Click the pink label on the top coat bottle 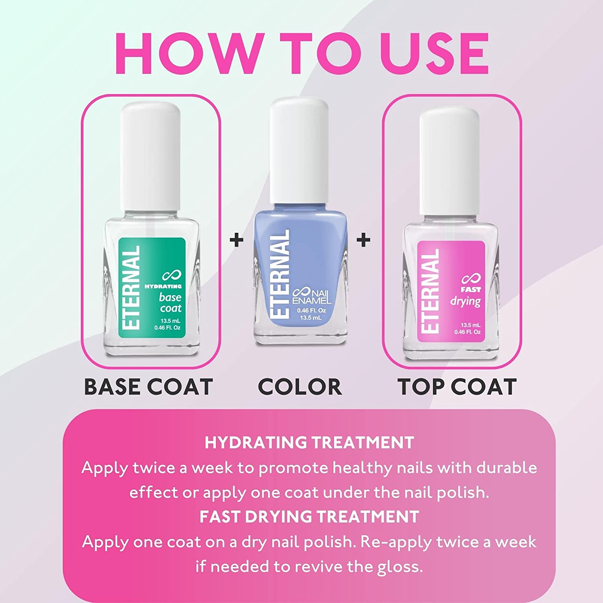point(450,291)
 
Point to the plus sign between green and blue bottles point(236,240)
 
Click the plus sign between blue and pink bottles point(363,240)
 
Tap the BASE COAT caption point(148,387)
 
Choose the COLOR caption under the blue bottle point(300,387)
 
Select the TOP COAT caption point(457,387)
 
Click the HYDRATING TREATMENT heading point(309,443)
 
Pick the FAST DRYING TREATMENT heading point(309,517)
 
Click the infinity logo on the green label point(172,275)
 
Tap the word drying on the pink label point(466,301)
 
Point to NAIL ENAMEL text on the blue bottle point(312,297)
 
